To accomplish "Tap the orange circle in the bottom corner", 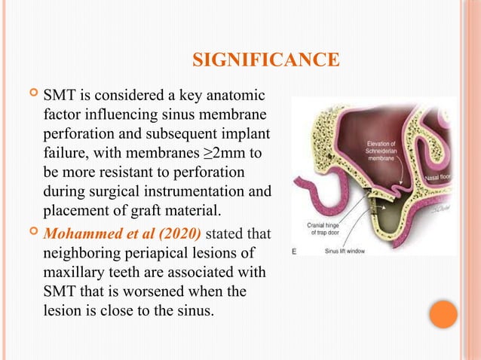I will (x=444, y=315).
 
